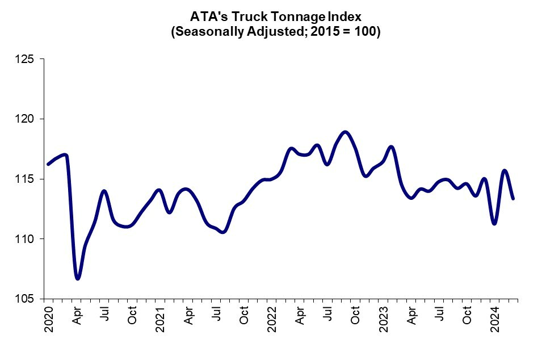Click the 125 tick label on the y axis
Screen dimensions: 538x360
24,59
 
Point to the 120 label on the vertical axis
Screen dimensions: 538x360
24,119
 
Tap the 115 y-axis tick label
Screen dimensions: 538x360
24,179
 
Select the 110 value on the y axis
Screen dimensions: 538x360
24,239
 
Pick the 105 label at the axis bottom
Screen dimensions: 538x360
24,299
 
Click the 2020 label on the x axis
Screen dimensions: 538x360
49,319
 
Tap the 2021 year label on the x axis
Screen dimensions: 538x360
160,319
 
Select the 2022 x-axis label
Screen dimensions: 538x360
272,319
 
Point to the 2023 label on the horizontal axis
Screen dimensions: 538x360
384,319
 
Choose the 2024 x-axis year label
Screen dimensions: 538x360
495,319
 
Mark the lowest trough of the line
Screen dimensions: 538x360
78,278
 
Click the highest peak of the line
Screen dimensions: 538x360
345,132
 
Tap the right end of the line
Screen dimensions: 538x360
513,198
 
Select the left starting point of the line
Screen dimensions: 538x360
48,164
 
